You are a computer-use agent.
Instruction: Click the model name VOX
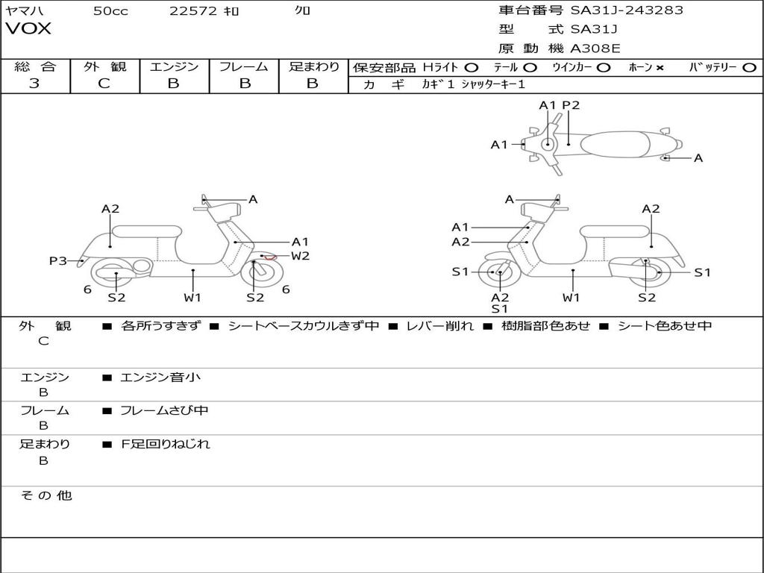click(x=28, y=29)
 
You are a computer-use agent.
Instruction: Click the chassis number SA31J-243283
click(x=627, y=10)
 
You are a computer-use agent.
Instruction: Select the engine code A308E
click(x=595, y=48)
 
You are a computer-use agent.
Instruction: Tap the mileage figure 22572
click(x=193, y=10)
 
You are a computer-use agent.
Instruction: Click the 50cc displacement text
click(x=110, y=10)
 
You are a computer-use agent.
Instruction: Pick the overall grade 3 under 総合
click(x=34, y=84)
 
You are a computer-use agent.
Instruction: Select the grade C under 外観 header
click(x=104, y=84)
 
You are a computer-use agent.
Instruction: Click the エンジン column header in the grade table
click(x=174, y=66)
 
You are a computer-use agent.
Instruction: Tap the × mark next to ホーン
click(x=660, y=68)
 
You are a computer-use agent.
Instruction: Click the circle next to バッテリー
click(x=749, y=68)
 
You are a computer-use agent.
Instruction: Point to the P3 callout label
click(x=57, y=261)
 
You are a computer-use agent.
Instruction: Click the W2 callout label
click(x=300, y=256)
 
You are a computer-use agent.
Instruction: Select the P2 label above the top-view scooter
click(x=571, y=105)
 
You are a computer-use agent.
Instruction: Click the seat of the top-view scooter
click(x=616, y=144)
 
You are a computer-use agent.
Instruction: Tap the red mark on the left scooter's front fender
click(x=270, y=257)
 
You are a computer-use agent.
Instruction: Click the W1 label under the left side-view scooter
click(x=192, y=297)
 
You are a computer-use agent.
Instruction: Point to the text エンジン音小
click(x=160, y=377)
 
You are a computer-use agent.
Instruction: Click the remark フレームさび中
click(x=164, y=411)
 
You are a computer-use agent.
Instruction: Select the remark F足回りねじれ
click(x=165, y=444)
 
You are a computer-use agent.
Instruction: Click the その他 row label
click(x=46, y=495)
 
